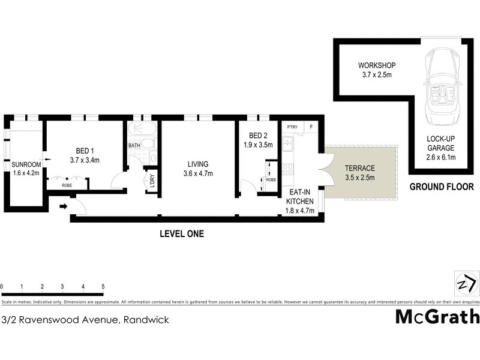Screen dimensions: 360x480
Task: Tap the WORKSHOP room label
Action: click(376, 65)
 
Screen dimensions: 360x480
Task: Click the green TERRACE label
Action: click(360, 169)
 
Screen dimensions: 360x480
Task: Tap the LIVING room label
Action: click(197, 164)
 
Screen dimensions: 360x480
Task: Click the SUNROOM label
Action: click(26, 164)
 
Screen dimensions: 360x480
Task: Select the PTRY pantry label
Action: click(292, 127)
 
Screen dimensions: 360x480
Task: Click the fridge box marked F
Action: click(311, 127)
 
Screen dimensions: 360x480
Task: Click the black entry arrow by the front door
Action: click(63, 207)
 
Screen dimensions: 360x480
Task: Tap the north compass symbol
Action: click(466, 283)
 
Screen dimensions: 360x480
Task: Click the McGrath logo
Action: click(437, 317)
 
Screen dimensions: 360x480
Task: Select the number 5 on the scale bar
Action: click(103, 286)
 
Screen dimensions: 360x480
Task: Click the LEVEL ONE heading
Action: click(181, 234)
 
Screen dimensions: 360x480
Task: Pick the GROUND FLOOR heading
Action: click(442, 187)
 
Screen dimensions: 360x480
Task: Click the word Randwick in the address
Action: click(146, 320)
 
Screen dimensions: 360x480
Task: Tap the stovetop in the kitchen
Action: click(287, 169)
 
